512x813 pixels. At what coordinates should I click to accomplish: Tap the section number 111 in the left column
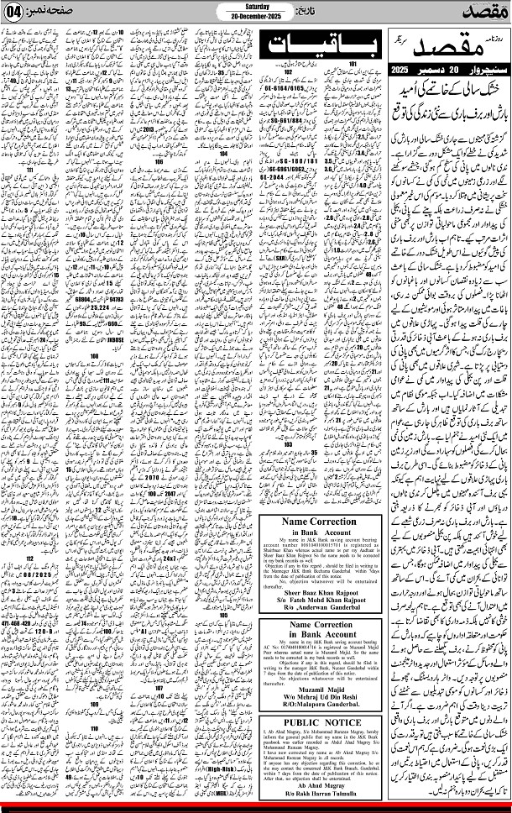pos(31,169)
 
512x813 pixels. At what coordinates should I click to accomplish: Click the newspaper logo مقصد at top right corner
pos(485,12)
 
